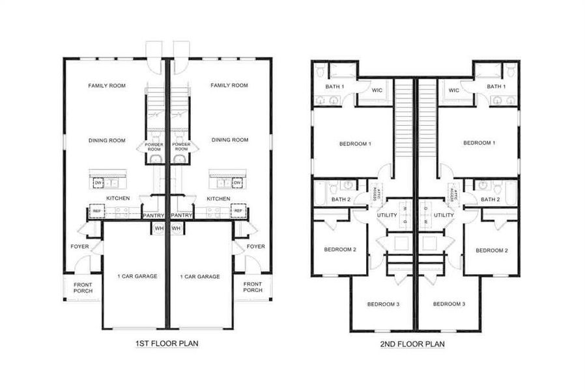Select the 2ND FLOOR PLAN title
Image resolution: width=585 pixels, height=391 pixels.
(x=413, y=343)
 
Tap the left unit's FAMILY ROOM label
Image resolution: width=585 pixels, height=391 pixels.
(x=107, y=85)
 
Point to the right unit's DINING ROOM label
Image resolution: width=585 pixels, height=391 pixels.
(x=230, y=139)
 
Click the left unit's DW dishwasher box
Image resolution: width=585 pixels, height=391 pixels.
(x=98, y=184)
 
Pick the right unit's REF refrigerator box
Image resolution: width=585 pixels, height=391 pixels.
(x=238, y=211)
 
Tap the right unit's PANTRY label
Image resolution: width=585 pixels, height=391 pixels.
(x=181, y=215)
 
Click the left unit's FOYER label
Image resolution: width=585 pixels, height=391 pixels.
(x=79, y=246)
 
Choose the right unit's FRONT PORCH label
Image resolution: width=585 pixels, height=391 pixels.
(x=252, y=287)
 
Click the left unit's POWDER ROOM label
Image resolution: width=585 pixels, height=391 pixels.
(x=154, y=147)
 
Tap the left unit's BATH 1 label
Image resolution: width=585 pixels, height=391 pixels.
(x=334, y=87)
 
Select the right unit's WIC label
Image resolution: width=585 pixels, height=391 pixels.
(x=454, y=91)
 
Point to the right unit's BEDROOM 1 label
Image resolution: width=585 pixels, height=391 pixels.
(x=479, y=143)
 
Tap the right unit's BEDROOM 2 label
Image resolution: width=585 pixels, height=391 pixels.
(x=491, y=250)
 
